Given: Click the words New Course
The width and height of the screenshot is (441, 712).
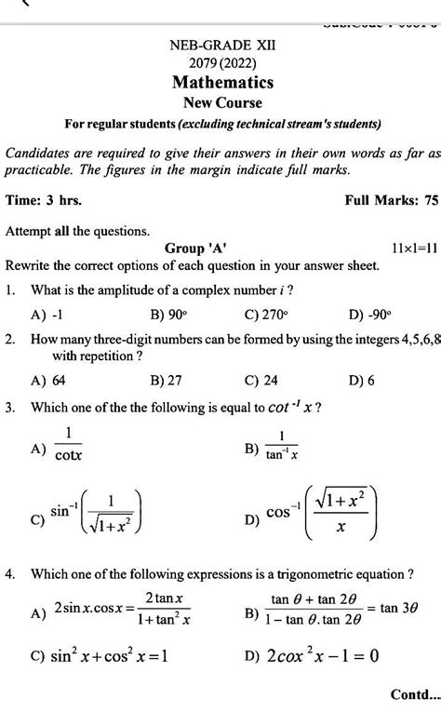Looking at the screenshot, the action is (222, 102).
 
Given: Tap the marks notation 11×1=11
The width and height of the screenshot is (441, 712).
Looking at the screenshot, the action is (409, 249).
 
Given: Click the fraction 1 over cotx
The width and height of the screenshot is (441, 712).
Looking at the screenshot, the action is (68, 446).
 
